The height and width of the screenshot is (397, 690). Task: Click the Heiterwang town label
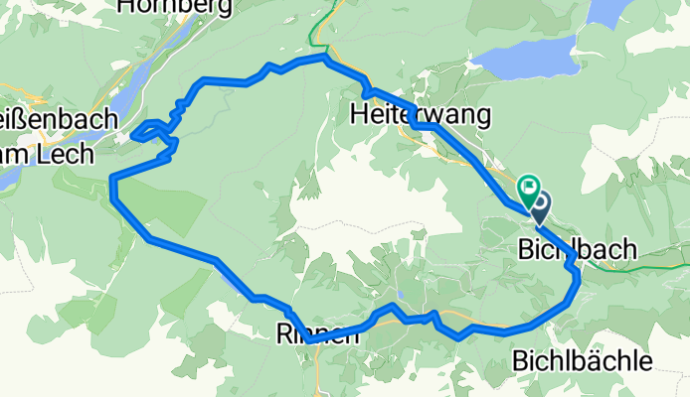[x=422, y=115]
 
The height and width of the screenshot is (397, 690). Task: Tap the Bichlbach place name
[x=578, y=252]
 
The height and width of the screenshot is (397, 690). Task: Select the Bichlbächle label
[x=584, y=361]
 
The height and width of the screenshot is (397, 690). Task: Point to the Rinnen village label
[x=312, y=336]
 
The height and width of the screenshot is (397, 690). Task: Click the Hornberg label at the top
[x=174, y=7]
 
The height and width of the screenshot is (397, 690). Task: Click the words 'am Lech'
[x=46, y=154]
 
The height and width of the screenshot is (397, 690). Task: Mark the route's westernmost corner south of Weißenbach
[x=112, y=182]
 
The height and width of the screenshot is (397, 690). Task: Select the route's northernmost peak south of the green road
[x=322, y=58]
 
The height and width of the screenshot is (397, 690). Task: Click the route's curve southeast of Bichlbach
[x=576, y=283]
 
